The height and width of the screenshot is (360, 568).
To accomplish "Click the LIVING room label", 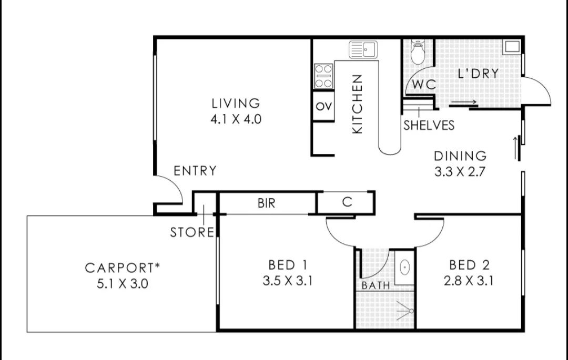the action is click(x=236, y=104).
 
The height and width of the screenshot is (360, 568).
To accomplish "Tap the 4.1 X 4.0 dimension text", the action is click(x=236, y=119).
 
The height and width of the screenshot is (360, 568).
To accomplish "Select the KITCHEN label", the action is click(x=357, y=104).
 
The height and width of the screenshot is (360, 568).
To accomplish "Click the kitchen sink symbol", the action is click(x=363, y=49).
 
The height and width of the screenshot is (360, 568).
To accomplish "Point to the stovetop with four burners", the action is click(x=323, y=76).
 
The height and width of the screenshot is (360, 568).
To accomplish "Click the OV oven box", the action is click(x=323, y=106).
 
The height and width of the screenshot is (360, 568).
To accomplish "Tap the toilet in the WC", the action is click(x=418, y=52).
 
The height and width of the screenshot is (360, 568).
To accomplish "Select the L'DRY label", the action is click(x=478, y=74).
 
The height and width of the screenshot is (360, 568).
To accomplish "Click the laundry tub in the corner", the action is click(x=512, y=47).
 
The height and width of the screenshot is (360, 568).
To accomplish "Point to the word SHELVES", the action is click(x=429, y=125).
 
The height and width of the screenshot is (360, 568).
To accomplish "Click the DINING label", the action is click(x=460, y=156).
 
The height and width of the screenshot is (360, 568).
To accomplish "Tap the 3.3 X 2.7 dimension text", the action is click(x=460, y=171).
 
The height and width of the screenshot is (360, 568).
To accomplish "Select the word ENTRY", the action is click(x=195, y=170).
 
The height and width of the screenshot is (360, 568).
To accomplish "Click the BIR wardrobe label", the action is click(x=267, y=203).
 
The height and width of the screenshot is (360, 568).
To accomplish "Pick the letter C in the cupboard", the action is click(x=347, y=202).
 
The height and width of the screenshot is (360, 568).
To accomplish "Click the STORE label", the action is click(x=192, y=232).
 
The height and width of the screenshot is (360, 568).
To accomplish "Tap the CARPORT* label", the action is click(x=123, y=268).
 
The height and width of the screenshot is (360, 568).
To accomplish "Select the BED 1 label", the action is click(x=288, y=265).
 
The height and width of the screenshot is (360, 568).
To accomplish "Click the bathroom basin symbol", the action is click(x=404, y=268).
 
